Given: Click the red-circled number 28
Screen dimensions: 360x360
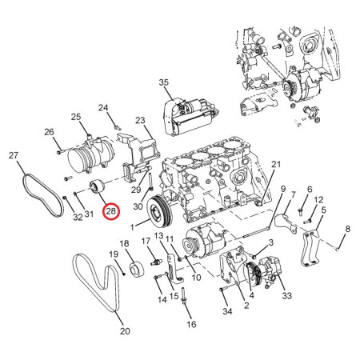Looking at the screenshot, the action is pos(110,211).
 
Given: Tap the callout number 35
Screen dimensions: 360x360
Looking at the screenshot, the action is pos(164,82).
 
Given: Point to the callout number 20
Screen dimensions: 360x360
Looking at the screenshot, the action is pos(125,331).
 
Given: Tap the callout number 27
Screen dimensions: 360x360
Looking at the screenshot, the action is pos(14,155).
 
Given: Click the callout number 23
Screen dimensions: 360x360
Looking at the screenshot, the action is pos(140,120).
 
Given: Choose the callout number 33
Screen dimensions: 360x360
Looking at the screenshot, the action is pos(287,295).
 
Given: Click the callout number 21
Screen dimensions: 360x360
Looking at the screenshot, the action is pos(276,164).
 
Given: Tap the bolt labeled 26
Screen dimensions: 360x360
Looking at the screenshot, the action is pos(59,152).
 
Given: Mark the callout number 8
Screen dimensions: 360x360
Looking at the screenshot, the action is pos(347,229).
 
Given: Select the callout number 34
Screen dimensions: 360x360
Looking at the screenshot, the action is pos(227,311).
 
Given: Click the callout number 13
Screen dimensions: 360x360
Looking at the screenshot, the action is pos(158,235).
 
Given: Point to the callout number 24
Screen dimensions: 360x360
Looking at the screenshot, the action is pos(103,107).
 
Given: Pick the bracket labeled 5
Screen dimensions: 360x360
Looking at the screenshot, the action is pos(310,249).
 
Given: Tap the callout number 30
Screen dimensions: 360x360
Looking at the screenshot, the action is pos(138,206).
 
